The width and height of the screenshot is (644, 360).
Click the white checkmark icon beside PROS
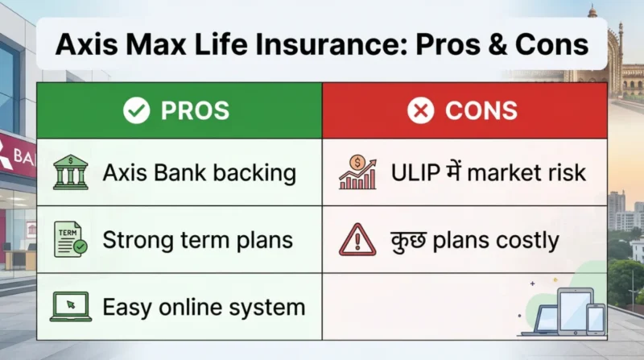pos(136,111)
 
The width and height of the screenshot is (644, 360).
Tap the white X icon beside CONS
pos(420,111)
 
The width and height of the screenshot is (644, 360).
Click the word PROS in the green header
pos(195,111)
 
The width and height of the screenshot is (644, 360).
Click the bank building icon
pos(72,172)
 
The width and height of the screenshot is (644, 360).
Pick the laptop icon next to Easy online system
pos(72,306)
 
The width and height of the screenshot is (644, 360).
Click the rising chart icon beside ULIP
pos(357,172)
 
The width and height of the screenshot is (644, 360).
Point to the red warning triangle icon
pos(357,239)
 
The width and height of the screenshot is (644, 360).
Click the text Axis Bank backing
pos(199,172)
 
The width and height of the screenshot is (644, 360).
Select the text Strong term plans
pos(197,239)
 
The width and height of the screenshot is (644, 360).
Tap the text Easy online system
pos(204,306)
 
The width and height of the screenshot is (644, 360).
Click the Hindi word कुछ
pos(408,239)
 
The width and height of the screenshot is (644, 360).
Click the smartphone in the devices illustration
pos(595,318)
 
